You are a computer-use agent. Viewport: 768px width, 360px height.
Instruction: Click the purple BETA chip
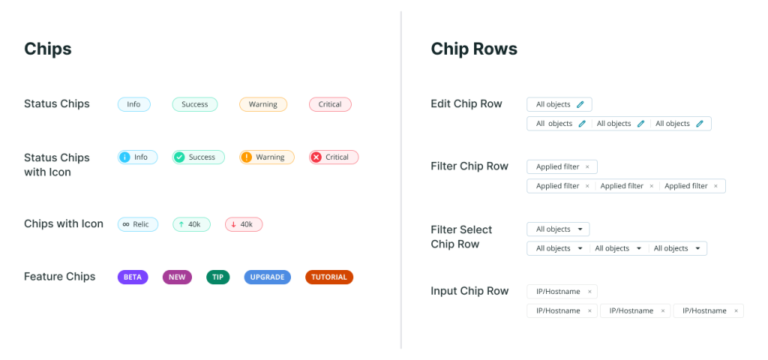click(x=133, y=277)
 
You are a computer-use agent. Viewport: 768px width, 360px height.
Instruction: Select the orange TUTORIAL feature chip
click(x=329, y=277)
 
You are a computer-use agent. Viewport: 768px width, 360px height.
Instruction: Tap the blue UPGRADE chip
click(x=267, y=277)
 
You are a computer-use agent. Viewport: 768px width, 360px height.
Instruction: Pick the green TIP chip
click(x=217, y=277)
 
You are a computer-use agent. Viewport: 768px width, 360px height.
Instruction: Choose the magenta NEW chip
click(x=176, y=277)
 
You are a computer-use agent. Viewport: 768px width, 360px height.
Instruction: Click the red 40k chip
click(x=244, y=224)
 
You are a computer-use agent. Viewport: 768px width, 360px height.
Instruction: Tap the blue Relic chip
click(x=137, y=224)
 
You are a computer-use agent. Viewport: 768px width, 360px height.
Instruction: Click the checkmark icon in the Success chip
click(x=178, y=157)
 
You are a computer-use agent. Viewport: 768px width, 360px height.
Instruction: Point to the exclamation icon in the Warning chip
click(x=246, y=157)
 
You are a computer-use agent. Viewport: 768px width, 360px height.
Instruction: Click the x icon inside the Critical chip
click(x=316, y=157)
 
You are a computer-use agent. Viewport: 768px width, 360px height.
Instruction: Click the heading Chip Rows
click(x=473, y=49)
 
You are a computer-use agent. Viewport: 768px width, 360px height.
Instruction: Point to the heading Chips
click(x=48, y=49)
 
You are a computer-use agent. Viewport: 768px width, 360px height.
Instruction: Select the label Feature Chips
click(x=60, y=277)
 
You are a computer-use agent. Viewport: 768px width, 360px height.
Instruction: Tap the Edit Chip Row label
click(x=466, y=104)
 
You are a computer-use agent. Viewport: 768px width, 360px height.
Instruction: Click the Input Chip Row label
click(x=469, y=291)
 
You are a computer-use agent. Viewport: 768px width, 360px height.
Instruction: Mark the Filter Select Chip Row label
click(x=461, y=237)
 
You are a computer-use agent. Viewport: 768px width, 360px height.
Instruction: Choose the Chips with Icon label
click(x=64, y=224)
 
